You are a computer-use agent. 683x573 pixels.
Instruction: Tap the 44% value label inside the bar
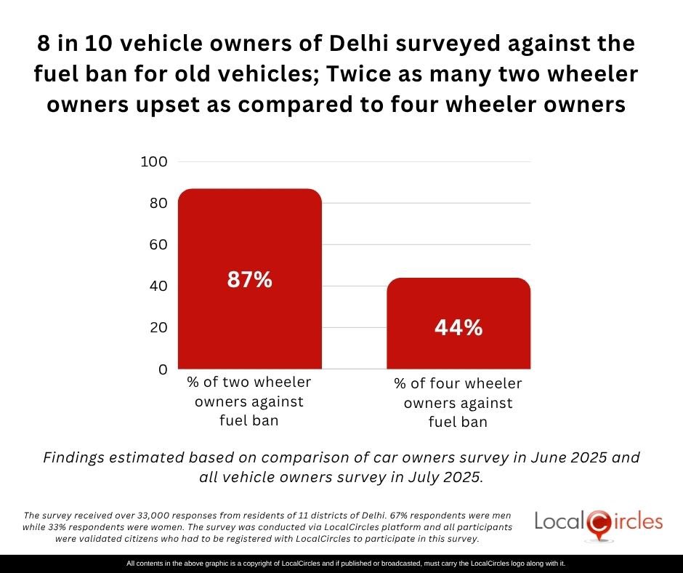[x=458, y=328]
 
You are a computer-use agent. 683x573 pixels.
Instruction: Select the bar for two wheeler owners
[x=249, y=233]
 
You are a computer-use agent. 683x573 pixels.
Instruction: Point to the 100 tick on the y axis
[x=154, y=161]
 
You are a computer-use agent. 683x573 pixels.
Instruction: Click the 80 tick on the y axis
[x=158, y=203]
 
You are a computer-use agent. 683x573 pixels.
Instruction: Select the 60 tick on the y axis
[x=158, y=244]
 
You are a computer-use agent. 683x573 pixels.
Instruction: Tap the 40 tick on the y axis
[x=158, y=286]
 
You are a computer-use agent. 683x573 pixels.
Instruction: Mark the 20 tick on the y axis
[x=158, y=327]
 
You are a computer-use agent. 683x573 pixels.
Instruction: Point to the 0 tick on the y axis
[x=163, y=369]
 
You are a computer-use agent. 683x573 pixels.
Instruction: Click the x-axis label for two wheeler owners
[x=249, y=401]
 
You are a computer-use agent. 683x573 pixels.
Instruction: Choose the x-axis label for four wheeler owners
[x=458, y=403]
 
